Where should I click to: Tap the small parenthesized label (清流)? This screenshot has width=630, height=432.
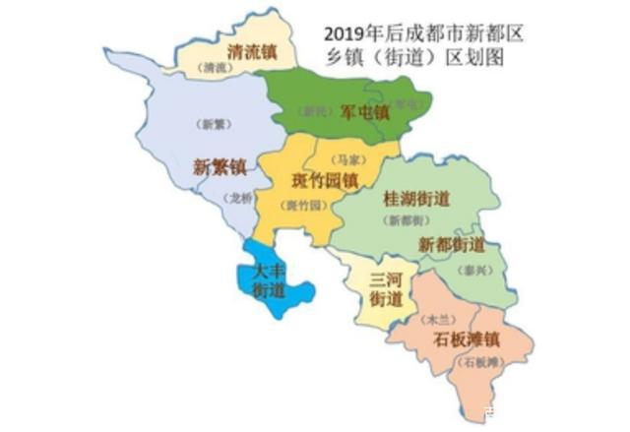tap(216, 69)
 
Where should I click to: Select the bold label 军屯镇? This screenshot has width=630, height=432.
tap(364, 112)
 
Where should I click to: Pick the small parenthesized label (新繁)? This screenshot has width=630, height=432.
tap(210, 124)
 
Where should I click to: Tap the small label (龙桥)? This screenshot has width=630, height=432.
tap(240, 198)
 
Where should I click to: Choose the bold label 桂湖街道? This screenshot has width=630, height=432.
tap(415, 199)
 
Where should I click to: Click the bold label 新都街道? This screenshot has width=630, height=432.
tap(451, 244)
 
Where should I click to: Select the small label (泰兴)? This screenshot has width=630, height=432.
tap(474, 266)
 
